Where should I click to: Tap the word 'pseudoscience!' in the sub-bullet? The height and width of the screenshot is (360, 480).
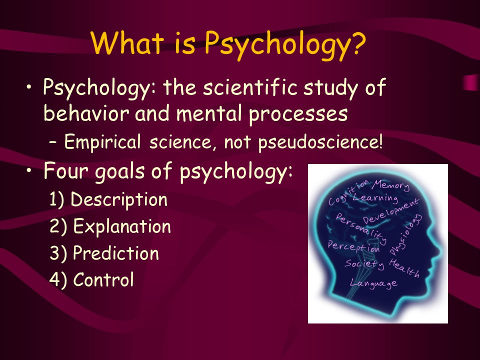[x=320, y=142]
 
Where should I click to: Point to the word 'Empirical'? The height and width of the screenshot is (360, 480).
[x=102, y=142]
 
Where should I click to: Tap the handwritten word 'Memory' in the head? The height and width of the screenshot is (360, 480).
[x=391, y=185]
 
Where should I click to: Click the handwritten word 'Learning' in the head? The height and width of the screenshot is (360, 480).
[x=375, y=198]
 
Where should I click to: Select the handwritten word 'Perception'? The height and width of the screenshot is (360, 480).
[x=354, y=246]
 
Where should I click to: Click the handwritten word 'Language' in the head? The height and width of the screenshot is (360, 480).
[x=374, y=283]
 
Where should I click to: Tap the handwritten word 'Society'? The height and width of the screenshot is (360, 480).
[x=364, y=264]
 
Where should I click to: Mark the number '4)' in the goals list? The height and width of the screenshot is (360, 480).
[x=58, y=280]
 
